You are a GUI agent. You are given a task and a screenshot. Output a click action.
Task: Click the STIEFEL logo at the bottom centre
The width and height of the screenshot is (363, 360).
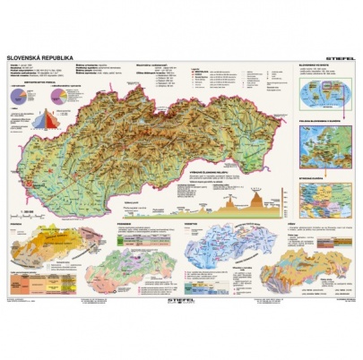(x=182, y=288)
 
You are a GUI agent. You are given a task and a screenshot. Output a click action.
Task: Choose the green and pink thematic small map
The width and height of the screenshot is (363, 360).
(x=134, y=266)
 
